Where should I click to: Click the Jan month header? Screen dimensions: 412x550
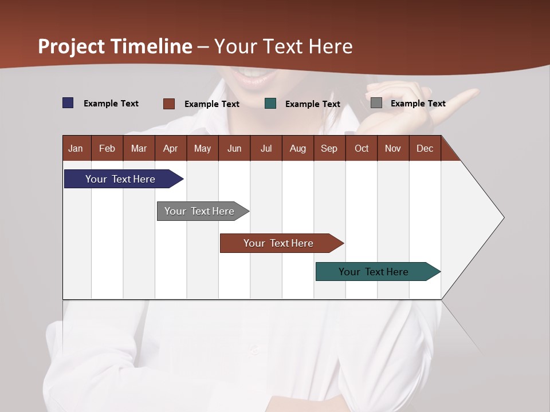(x=76, y=148)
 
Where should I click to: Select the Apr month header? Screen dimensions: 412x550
(x=171, y=148)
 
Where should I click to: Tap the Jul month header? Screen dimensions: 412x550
(x=266, y=148)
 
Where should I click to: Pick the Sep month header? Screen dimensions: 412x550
(x=329, y=148)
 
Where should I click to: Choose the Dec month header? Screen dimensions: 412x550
(x=425, y=148)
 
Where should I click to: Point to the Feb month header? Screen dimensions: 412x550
(x=107, y=148)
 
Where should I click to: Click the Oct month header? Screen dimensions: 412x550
(x=361, y=148)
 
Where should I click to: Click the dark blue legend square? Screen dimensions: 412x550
(x=68, y=103)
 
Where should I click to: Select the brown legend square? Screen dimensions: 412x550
(x=169, y=104)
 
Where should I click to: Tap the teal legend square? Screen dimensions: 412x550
(x=270, y=104)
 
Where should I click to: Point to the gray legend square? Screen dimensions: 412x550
(x=376, y=103)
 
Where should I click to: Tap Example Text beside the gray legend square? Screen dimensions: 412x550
(x=418, y=103)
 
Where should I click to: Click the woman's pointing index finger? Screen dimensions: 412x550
(x=458, y=97)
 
